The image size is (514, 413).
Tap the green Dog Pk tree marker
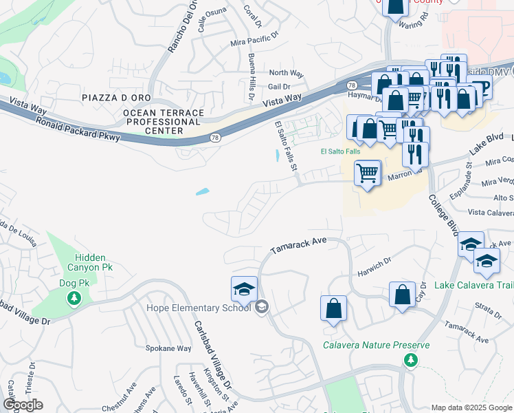74,299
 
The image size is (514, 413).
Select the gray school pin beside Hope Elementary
261,307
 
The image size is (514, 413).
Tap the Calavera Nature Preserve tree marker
410,360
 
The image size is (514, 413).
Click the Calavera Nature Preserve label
377,346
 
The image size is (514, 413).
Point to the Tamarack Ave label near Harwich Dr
298,246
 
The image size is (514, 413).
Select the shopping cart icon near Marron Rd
368,173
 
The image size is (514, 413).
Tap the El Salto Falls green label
340,151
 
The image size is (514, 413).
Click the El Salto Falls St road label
287,145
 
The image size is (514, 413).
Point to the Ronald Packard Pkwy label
78,127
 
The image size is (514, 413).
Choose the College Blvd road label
444,214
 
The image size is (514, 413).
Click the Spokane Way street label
168,348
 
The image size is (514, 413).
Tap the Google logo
23,405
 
